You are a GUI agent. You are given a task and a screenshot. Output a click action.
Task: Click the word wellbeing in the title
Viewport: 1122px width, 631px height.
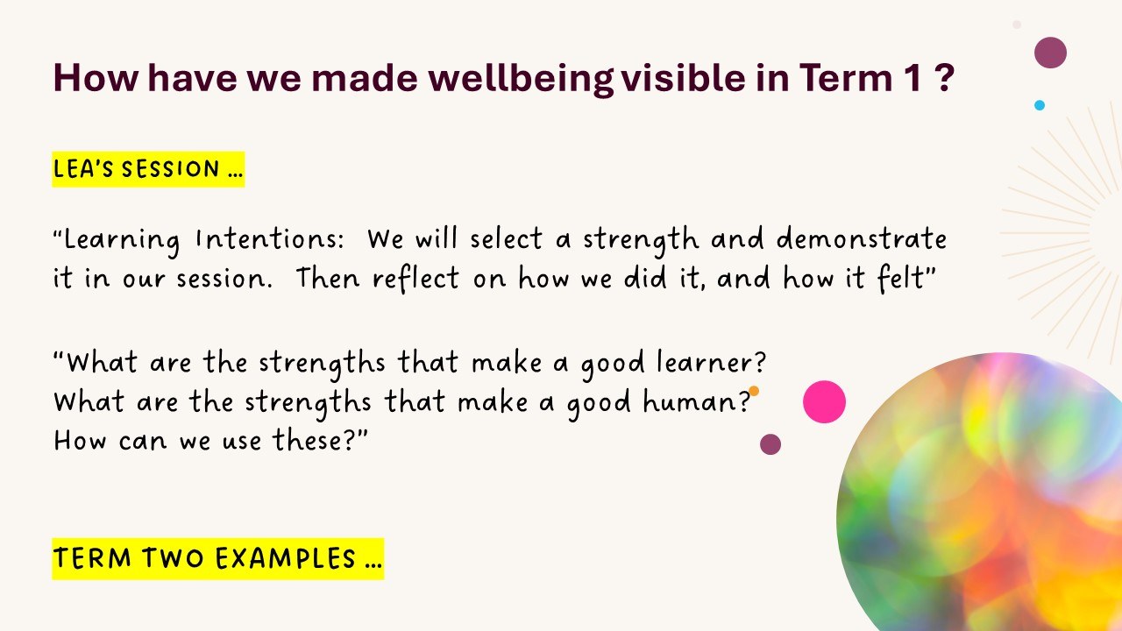pos(521,79)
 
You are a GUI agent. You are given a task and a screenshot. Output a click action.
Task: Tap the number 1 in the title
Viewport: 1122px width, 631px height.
pos(914,78)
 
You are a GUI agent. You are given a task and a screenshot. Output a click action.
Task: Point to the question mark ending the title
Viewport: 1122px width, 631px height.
pos(944,78)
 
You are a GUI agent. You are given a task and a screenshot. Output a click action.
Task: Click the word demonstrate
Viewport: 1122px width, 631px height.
pos(862,238)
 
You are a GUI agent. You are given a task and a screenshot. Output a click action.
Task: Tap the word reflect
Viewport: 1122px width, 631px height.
pos(415,279)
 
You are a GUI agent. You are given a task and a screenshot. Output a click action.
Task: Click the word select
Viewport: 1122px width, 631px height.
pos(506,238)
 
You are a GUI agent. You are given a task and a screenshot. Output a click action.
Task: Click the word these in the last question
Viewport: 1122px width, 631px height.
pos(309,441)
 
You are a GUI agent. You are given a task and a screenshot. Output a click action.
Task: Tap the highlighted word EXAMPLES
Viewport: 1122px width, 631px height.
pos(286,558)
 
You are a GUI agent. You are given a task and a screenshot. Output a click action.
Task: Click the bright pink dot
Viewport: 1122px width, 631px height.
pos(824,401)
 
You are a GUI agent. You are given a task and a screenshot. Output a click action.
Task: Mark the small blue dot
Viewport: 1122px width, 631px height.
pos(1040,105)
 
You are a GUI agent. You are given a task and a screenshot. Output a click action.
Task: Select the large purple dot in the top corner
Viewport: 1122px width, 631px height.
pos(1050,53)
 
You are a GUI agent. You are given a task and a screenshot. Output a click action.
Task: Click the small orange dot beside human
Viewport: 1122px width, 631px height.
pos(753,391)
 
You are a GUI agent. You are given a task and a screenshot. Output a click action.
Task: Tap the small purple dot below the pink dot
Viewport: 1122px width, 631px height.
pos(770,444)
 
